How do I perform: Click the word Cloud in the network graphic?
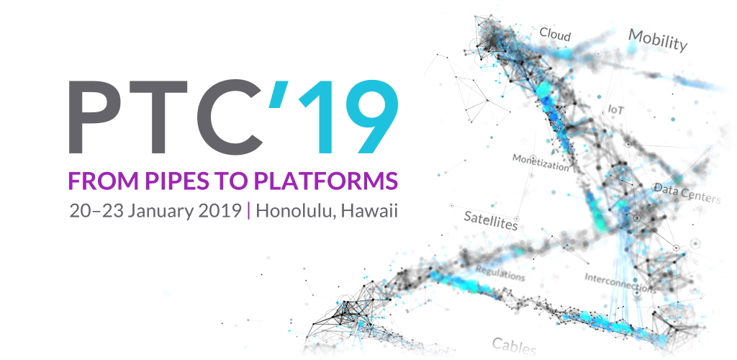coord(555,35)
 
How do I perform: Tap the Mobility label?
coord(658,40)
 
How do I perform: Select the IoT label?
coord(616,109)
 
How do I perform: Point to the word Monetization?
coord(541,162)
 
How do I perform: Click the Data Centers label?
coord(687,193)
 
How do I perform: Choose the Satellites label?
coord(491,220)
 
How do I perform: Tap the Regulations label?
coord(500,273)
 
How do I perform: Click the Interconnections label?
coord(620,283)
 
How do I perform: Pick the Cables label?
coord(514,346)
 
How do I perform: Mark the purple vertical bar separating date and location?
coord(248,211)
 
